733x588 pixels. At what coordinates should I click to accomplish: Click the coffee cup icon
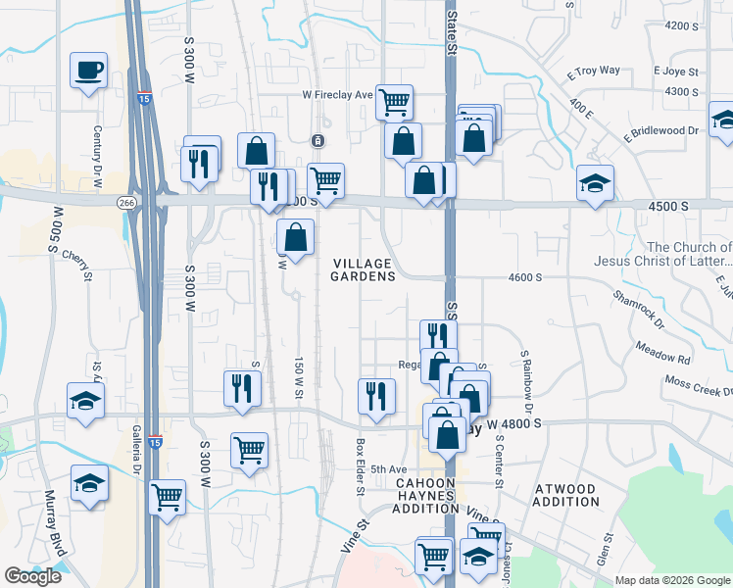click(88, 71)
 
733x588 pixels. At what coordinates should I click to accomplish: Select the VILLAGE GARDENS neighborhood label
click(362, 269)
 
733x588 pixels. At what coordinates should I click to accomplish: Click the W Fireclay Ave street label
click(336, 95)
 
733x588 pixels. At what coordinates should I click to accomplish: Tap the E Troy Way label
click(593, 71)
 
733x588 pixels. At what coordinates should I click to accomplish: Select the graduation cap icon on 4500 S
click(595, 183)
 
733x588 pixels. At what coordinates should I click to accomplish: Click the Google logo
click(32, 576)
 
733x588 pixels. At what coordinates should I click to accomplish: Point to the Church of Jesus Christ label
click(662, 254)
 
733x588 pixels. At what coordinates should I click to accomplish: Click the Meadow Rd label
click(662, 353)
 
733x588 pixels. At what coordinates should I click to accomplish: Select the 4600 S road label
click(525, 278)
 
